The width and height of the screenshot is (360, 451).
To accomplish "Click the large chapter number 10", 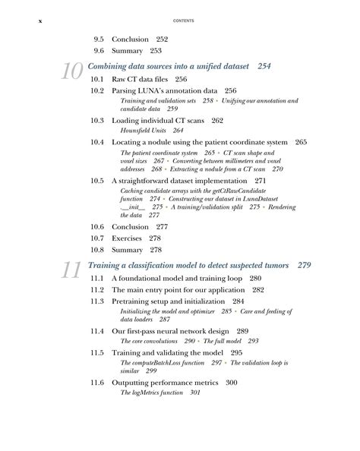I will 71,71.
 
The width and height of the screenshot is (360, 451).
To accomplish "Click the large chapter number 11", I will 71,271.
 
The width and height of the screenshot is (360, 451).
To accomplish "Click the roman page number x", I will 39,21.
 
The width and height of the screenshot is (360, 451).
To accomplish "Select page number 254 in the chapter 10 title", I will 264,67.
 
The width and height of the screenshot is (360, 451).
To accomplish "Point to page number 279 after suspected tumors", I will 305,266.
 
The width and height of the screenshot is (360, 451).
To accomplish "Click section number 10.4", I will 97,142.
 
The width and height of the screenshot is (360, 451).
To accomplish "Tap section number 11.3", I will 97,301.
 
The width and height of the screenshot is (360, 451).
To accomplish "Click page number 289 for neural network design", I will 243,331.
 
